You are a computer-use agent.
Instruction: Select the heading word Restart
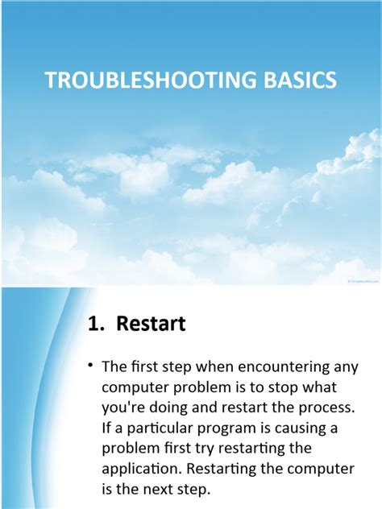click(x=151, y=324)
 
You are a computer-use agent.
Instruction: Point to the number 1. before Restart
click(x=97, y=324)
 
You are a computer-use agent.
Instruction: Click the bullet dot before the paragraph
click(x=92, y=366)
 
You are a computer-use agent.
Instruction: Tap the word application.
click(x=142, y=467)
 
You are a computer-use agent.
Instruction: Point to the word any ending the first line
click(x=345, y=367)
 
